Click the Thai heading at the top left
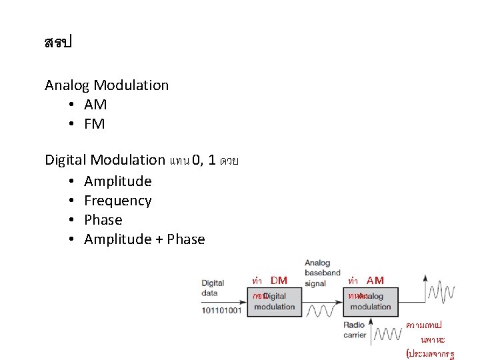point(57,43)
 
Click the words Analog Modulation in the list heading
point(107,85)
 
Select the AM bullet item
point(95,105)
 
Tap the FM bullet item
point(95,124)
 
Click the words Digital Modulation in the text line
point(105,160)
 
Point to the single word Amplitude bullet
point(117,181)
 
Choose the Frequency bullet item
point(117,201)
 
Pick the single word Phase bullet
point(103,220)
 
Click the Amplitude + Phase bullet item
point(144,239)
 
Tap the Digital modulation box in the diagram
point(273,301)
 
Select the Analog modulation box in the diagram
point(371,301)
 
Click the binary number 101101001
point(221,311)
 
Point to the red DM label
point(279,281)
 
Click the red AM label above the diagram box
point(375,281)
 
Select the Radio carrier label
point(355,330)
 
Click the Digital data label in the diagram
point(213,288)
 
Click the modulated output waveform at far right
point(441,291)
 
